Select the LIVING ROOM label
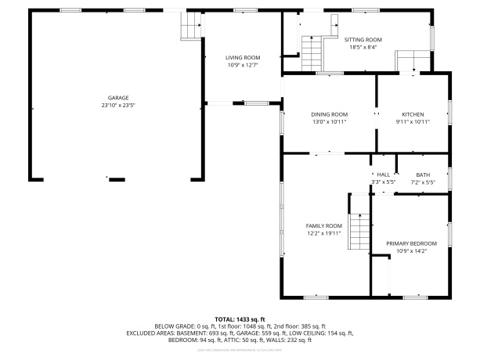click(243, 57)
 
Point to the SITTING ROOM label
click(363, 39)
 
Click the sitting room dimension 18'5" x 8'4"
click(363, 47)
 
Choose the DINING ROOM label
click(329, 114)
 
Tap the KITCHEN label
click(413, 114)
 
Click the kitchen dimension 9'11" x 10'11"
click(413, 122)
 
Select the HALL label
click(383, 175)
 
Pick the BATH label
click(423, 175)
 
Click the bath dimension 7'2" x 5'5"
click(423, 182)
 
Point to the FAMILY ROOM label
click(323, 225)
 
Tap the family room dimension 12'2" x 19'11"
click(323, 233)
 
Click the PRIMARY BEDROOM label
click(411, 243)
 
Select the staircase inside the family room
click(359, 233)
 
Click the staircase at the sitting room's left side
click(312, 55)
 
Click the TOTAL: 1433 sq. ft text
click(240, 319)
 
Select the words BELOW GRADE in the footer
click(175, 326)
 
